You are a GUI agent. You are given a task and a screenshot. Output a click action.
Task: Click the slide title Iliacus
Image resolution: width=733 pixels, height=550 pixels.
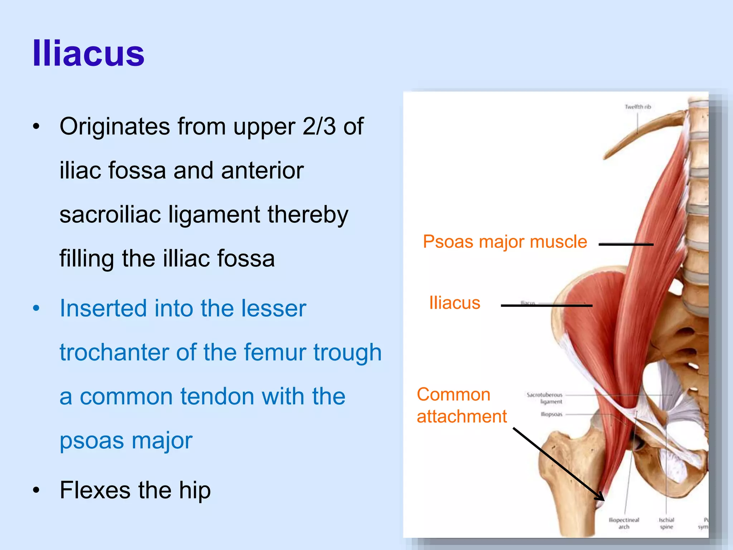(88, 54)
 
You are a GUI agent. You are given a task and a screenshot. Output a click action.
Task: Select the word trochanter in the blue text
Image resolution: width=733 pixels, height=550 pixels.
(114, 352)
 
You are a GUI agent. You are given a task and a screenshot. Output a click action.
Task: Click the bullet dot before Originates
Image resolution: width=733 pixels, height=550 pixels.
(36, 127)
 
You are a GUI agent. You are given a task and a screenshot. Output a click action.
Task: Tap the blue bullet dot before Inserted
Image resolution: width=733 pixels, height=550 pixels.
(36, 309)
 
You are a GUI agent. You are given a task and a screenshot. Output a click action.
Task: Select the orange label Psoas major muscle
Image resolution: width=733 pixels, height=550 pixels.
(505, 242)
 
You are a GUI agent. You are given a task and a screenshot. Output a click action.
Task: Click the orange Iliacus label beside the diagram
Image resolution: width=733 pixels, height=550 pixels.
(455, 303)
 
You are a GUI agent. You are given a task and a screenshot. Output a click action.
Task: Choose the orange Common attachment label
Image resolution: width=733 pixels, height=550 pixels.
(461, 405)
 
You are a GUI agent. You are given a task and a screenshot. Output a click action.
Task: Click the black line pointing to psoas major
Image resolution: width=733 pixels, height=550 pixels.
(626, 245)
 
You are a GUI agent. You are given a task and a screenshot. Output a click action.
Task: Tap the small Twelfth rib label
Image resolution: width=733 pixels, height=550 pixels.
(637, 107)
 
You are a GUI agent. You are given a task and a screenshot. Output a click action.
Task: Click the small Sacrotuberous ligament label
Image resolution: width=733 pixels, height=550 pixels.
(545, 398)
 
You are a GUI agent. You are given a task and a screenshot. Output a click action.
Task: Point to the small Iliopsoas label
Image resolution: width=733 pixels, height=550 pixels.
(552, 414)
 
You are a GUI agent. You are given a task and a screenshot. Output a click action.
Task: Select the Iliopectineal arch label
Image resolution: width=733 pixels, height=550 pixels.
(624, 523)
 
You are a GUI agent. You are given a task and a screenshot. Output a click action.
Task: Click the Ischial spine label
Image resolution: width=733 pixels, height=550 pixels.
(666, 523)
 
